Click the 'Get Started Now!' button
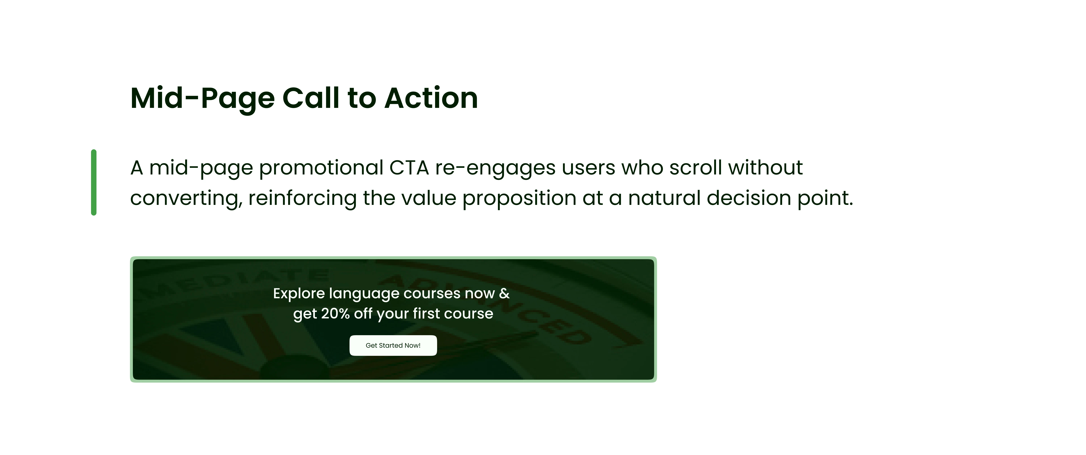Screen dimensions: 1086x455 pyautogui.click(x=393, y=345)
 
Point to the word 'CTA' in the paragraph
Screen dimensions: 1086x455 pyautogui.click(x=409, y=168)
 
